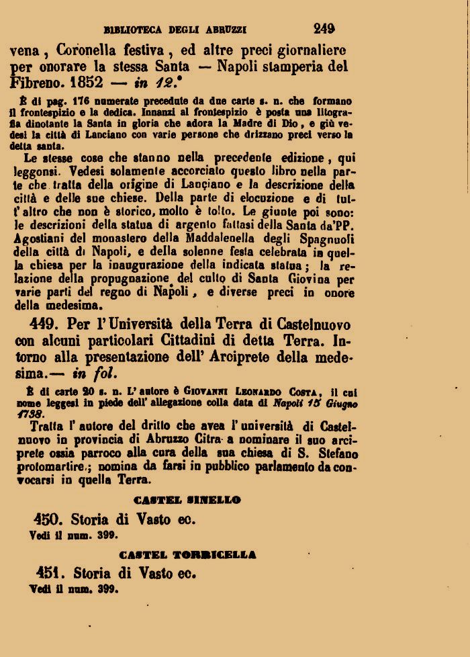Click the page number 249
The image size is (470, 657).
tap(324, 28)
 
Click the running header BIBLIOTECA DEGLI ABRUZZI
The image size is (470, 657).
tap(175, 30)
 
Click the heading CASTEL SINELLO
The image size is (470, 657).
tap(187, 500)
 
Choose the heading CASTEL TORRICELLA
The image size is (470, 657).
tap(187, 555)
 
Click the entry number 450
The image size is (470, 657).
tap(48, 519)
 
